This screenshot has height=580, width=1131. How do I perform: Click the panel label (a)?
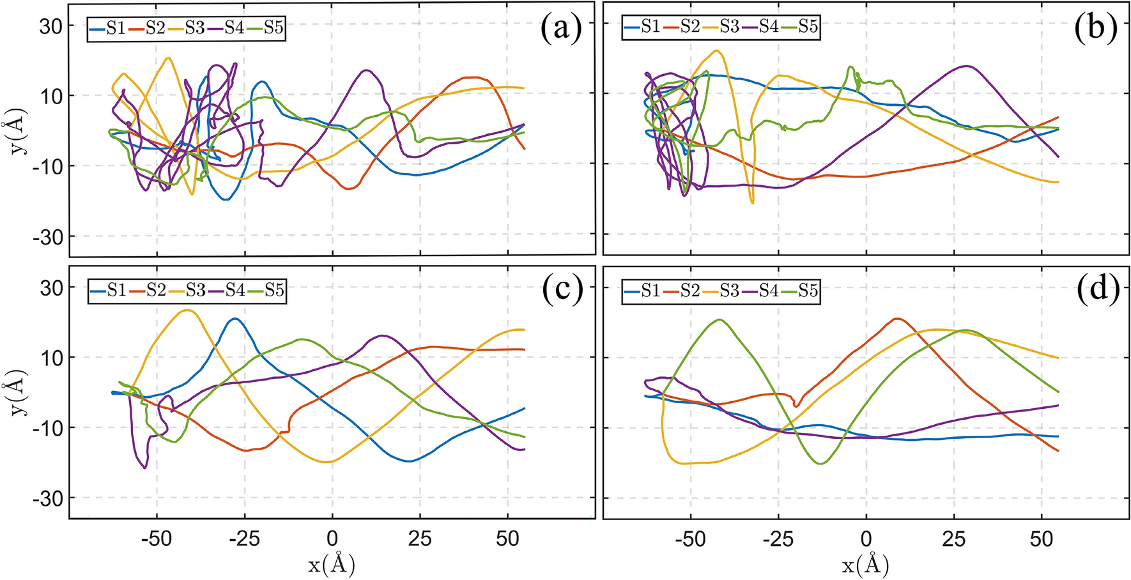(561, 29)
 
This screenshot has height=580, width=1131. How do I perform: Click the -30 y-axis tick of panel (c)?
(46, 498)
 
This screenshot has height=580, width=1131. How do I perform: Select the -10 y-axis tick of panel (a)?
(46, 166)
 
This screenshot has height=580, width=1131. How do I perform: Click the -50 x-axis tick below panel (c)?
(157, 539)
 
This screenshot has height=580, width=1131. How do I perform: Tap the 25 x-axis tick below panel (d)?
(953, 539)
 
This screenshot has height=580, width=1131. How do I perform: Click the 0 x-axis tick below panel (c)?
(332, 539)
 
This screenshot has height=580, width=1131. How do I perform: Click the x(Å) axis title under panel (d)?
(866, 565)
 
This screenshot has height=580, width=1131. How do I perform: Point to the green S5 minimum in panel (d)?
(820, 463)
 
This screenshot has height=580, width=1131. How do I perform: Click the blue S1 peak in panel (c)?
(235, 319)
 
